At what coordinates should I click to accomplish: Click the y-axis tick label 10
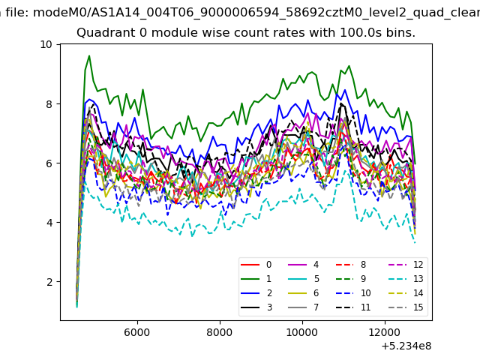(46, 45)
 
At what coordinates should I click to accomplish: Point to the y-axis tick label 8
(49, 104)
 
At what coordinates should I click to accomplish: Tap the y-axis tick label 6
(49, 163)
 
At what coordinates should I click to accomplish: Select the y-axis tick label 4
(49, 223)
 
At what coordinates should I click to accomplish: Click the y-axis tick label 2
(49, 282)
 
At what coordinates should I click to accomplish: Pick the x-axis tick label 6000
(137, 332)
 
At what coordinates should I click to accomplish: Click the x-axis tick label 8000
(220, 332)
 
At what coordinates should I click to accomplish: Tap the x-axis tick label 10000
(302, 332)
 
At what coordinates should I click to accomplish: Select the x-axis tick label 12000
(385, 332)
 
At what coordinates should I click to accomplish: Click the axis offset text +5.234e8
(406, 346)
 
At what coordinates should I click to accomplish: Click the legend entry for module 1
(256, 279)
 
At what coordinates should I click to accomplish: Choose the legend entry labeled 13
(406, 279)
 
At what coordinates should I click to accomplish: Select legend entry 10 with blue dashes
(353, 293)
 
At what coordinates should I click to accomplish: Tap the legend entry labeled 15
(406, 307)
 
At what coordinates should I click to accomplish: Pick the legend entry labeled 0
(256, 265)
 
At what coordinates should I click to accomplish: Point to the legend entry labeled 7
(304, 307)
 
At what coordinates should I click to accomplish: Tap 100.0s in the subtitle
(360, 32)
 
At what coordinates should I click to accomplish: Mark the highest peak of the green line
(89, 55)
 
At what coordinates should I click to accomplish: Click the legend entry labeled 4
(304, 265)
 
